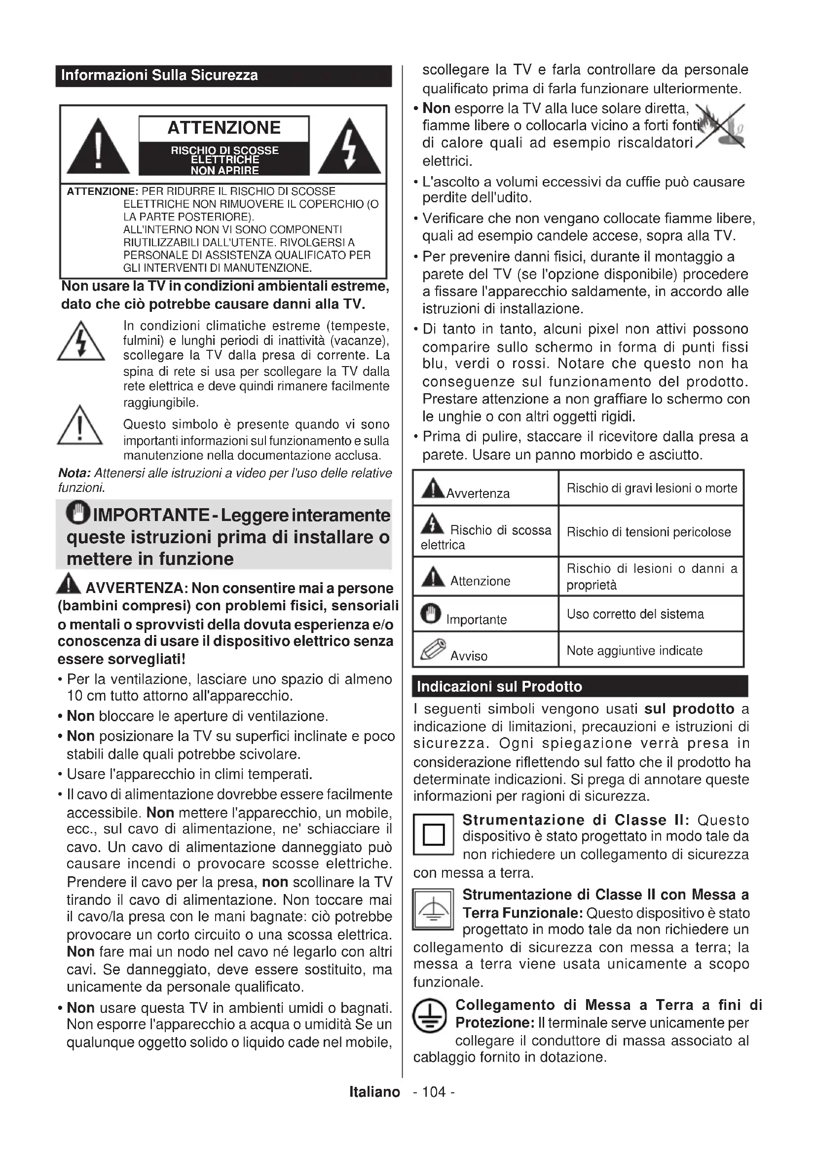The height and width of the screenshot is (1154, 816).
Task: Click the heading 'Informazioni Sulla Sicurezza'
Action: [159, 76]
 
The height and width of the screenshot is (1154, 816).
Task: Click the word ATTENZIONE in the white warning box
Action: [223, 128]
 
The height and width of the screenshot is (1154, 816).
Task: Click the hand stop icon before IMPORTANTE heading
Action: [78, 513]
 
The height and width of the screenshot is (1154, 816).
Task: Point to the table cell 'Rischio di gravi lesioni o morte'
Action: [652, 488]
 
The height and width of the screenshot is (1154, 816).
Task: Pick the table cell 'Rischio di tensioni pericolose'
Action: [649, 532]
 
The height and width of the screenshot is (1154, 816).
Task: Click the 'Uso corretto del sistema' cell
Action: [635, 614]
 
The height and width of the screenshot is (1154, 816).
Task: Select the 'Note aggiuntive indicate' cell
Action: [634, 651]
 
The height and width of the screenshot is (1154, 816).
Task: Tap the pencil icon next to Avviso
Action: [433, 649]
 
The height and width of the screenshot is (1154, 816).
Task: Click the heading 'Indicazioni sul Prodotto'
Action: [499, 687]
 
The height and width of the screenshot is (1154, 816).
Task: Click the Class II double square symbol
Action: [434, 835]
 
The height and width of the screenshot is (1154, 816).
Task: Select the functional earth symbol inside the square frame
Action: [433, 910]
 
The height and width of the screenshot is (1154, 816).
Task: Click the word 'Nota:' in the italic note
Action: [74, 474]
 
